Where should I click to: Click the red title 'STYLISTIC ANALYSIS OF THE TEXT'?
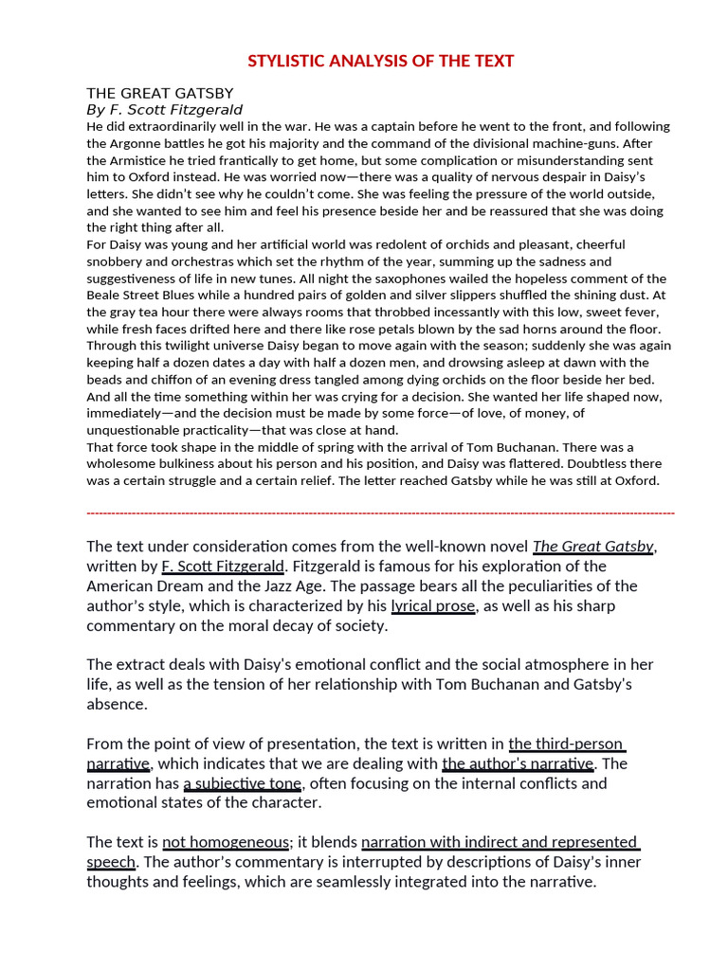(x=380, y=62)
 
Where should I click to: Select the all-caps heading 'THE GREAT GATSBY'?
(x=159, y=93)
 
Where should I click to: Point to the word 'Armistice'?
(x=148, y=160)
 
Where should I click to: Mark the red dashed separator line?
(x=380, y=512)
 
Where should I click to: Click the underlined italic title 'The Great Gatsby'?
(x=592, y=547)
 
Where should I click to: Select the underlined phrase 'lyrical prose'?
(x=433, y=606)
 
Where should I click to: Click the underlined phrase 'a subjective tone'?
(x=243, y=783)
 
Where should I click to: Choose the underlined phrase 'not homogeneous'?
(x=226, y=842)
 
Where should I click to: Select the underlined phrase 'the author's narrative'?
(x=518, y=763)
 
